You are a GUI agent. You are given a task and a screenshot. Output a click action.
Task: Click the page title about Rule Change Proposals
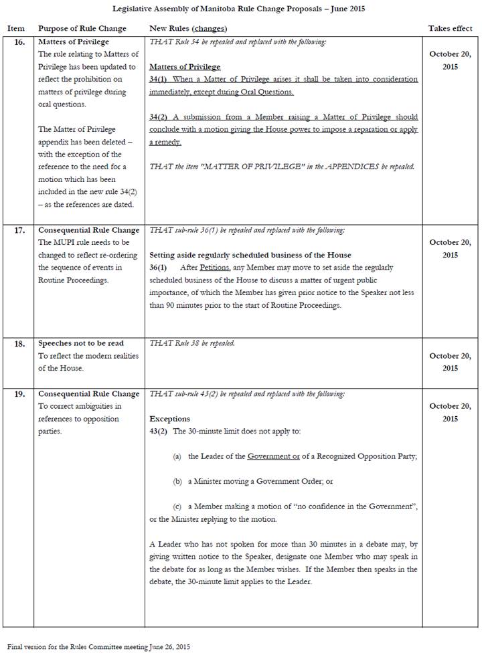click(x=240, y=9)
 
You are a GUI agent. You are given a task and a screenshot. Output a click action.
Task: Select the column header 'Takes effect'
click(x=449, y=29)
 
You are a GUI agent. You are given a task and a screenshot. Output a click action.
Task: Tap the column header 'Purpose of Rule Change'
click(x=82, y=29)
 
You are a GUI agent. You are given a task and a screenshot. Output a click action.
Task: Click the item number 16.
click(x=19, y=42)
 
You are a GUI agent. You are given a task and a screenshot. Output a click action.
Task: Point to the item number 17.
click(x=19, y=230)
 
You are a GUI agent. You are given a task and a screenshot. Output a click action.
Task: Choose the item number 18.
click(x=19, y=344)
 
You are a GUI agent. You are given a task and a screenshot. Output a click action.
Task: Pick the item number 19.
click(x=19, y=394)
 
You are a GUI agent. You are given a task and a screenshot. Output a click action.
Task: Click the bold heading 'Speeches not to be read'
click(x=81, y=344)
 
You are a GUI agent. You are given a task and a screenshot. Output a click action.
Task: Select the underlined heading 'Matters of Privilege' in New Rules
click(x=185, y=67)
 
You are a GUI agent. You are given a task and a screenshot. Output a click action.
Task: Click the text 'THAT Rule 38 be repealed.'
click(x=193, y=344)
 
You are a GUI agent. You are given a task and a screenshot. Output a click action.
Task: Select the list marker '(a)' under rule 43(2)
click(x=177, y=456)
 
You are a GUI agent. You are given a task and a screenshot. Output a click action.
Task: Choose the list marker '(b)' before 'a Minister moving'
click(x=177, y=481)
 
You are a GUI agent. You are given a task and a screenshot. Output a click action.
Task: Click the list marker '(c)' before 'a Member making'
click(x=177, y=506)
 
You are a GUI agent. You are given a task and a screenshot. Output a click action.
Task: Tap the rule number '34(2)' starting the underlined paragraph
click(x=159, y=117)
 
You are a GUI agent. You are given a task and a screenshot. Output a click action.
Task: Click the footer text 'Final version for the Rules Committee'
click(x=99, y=647)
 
